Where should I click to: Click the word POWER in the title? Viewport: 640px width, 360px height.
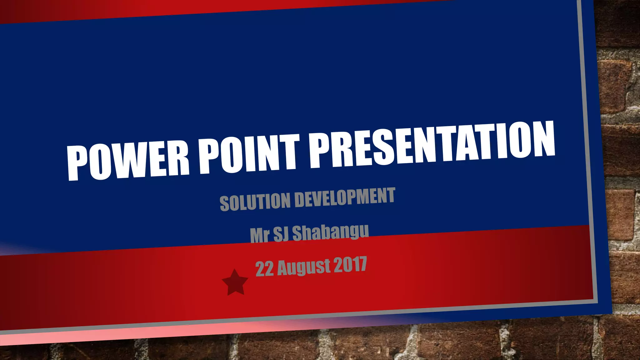(128, 161)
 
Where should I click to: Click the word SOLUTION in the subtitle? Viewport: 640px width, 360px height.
(255, 202)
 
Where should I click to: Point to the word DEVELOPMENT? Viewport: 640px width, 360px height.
(345, 197)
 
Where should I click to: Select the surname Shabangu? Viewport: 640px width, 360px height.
(330, 232)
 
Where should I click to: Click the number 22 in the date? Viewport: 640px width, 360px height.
(264, 268)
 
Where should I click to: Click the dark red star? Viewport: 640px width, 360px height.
(235, 282)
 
